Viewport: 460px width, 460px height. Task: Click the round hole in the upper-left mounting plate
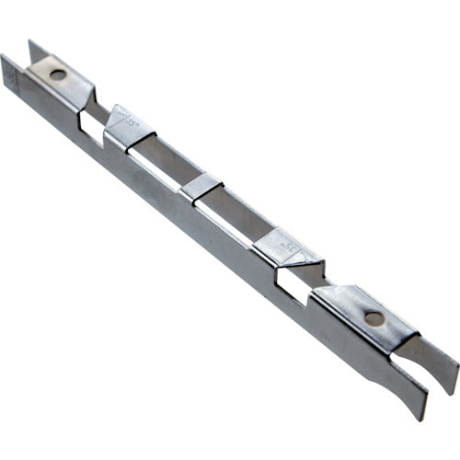[57, 74]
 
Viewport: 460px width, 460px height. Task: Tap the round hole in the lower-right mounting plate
[374, 319]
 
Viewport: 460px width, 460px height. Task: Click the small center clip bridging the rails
[201, 187]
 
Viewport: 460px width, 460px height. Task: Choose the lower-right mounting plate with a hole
[363, 313]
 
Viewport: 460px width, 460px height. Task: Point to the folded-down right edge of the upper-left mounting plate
[88, 91]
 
